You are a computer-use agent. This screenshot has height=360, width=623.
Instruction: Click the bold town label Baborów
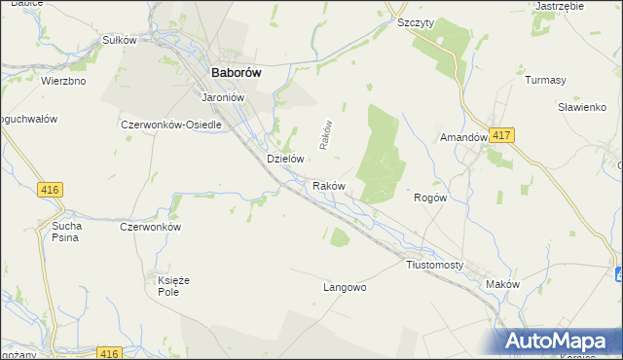(237, 70)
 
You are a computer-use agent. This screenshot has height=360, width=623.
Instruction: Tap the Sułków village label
(117, 41)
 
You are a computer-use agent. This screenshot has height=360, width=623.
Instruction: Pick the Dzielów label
(286, 159)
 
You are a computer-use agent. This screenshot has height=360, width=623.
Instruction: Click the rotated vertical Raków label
(328, 135)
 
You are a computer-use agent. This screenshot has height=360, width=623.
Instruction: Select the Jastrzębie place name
(560, 6)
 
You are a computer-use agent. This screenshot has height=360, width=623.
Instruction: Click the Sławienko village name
(582, 107)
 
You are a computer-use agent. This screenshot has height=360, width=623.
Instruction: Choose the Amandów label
(463, 138)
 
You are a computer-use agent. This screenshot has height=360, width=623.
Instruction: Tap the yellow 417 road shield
(501, 135)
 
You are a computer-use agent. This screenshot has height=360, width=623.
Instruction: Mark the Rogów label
(430, 198)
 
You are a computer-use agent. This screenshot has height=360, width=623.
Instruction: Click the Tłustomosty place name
(434, 265)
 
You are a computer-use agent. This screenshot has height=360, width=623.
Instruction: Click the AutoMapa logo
(560, 341)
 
